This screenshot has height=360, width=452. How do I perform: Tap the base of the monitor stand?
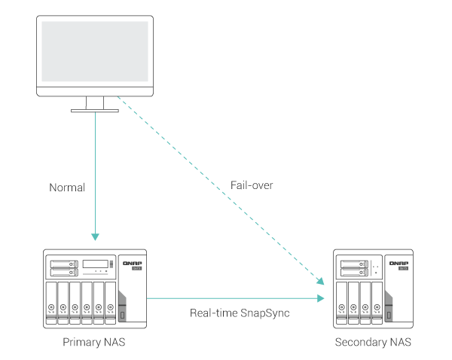[x=95, y=111]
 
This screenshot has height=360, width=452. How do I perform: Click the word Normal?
[x=66, y=186]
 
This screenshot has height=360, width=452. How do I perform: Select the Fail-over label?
[x=252, y=185]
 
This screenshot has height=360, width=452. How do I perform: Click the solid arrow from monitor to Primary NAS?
[x=96, y=173]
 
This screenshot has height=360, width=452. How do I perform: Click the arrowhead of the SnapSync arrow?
[x=322, y=299]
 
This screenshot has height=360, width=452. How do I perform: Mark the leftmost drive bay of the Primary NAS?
[x=51, y=301]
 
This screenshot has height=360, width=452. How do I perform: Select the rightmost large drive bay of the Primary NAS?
[x=110, y=301]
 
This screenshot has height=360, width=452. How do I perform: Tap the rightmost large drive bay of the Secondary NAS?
[x=376, y=301]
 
